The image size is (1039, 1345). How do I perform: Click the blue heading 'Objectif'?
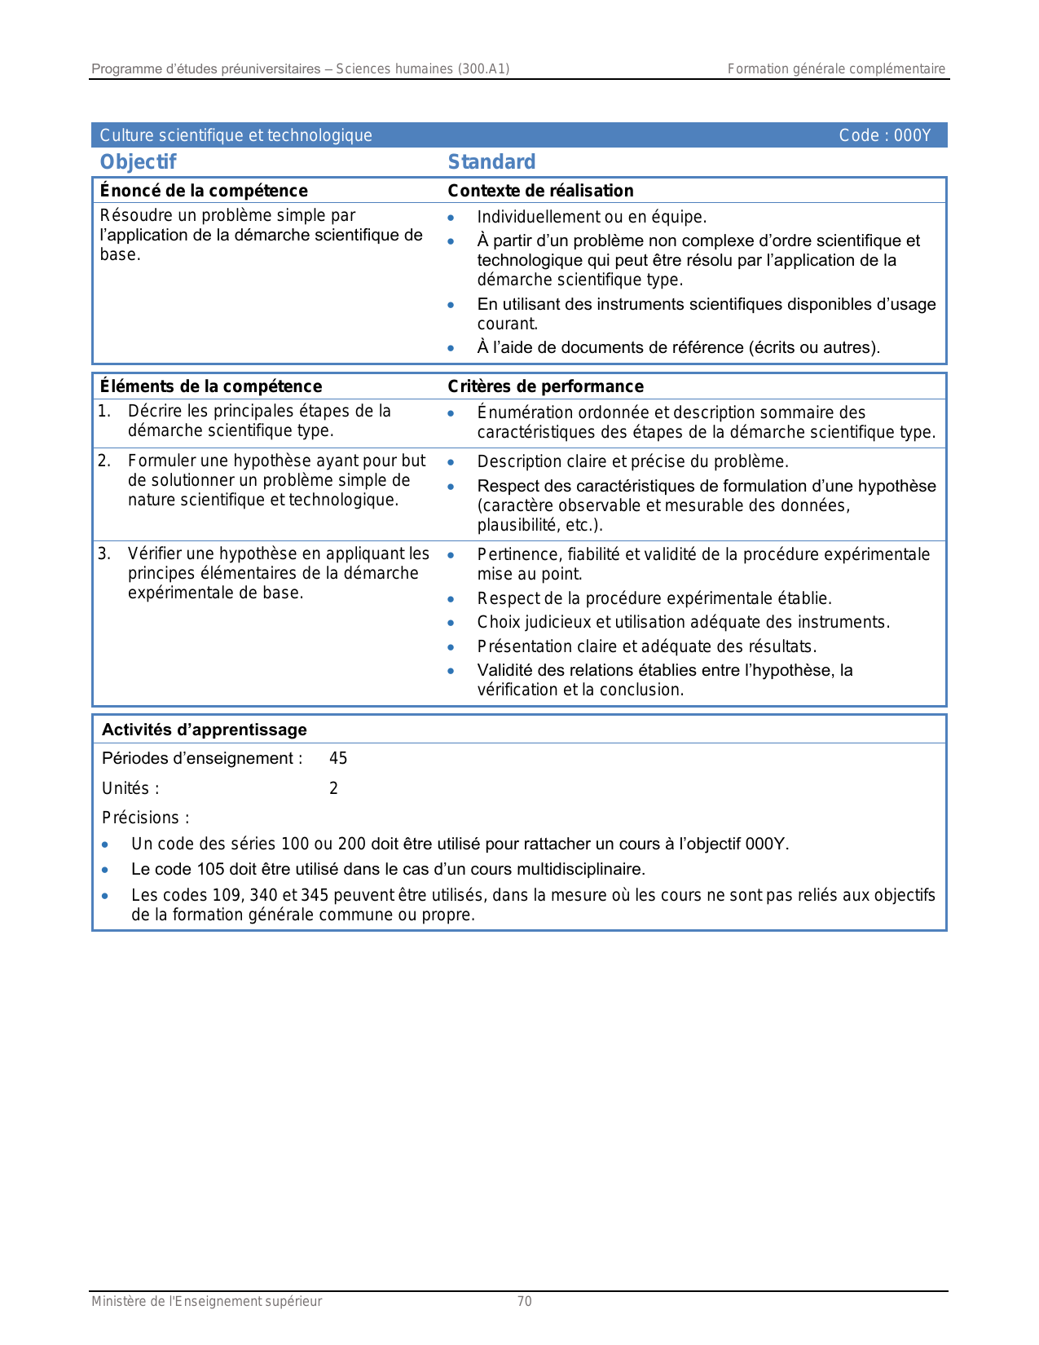coord(138,162)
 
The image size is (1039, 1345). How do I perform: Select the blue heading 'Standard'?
coord(491,162)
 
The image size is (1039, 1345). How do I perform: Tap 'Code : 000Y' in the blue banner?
coord(885,135)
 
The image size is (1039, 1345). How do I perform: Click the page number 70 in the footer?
coord(525,1302)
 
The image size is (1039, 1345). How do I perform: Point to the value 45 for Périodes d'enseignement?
coord(338,759)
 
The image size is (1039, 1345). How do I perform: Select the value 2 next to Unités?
coord(333,788)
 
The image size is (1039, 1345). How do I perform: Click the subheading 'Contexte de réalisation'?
coord(540,191)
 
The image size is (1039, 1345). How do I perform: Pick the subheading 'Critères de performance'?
coord(545,386)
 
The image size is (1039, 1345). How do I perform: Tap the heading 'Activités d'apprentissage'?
coord(204,730)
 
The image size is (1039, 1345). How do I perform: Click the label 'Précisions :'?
coord(146,818)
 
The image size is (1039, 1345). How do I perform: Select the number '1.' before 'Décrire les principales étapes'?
coord(104,412)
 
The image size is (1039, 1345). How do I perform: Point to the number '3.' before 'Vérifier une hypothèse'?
coord(104,554)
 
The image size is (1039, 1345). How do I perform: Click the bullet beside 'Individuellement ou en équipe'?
coord(451,218)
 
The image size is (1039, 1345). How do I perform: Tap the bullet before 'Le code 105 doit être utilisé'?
coord(105,870)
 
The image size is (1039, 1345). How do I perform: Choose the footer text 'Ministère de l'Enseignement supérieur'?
coord(206,1302)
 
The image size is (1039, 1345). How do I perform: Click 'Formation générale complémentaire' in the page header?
coord(836,69)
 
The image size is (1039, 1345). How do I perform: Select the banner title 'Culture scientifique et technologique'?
coord(236,135)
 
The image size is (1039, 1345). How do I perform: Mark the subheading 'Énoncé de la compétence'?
coord(204,191)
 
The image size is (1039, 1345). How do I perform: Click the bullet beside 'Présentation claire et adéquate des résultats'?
coord(451,647)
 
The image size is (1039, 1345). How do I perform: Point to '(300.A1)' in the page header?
coord(483,69)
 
